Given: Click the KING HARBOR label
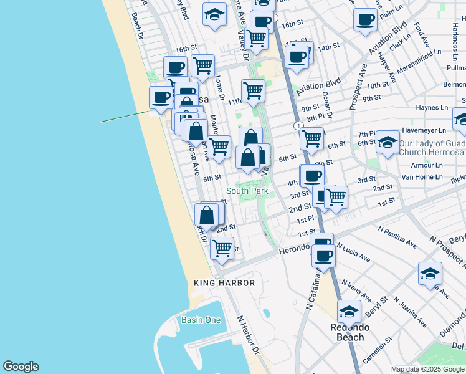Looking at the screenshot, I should (224, 283).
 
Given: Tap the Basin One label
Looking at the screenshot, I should (201, 320).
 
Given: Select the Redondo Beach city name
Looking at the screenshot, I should (350, 332).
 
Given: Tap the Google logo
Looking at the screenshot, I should (21, 367).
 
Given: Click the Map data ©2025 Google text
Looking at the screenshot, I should (427, 369).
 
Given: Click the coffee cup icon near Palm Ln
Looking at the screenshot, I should (365, 19).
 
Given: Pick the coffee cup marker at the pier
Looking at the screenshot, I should (161, 97).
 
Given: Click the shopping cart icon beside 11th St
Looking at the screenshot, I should (253, 90).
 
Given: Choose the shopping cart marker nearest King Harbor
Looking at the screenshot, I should (222, 248).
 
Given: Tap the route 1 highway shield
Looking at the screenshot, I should (300, 126).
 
